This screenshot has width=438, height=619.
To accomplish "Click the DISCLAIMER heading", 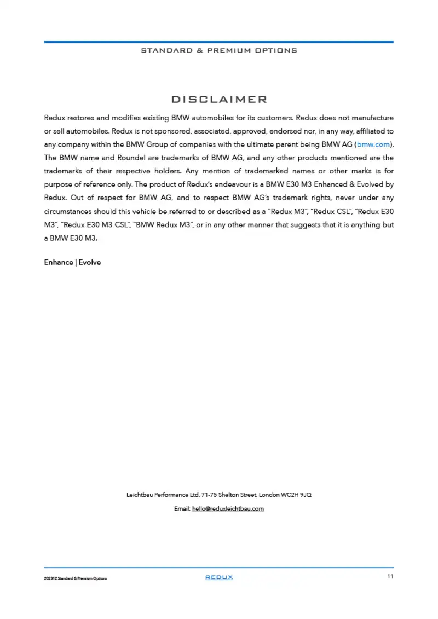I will [x=219, y=100].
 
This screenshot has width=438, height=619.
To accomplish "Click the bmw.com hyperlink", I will [x=373, y=144].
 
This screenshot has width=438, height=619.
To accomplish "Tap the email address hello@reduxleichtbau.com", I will [x=228, y=508].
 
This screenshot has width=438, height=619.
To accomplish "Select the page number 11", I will [x=390, y=577].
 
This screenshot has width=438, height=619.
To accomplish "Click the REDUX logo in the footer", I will [x=219, y=577].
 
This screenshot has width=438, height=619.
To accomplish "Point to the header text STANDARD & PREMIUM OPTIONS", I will [x=219, y=50].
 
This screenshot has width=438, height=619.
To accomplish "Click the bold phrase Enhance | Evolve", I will [x=72, y=262].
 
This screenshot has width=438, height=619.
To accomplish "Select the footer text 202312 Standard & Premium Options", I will [x=76, y=579].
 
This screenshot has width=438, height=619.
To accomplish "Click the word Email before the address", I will [x=181, y=508].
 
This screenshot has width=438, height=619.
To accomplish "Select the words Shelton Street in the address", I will [x=238, y=495].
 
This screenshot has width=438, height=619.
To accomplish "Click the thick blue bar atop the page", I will [x=219, y=42].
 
